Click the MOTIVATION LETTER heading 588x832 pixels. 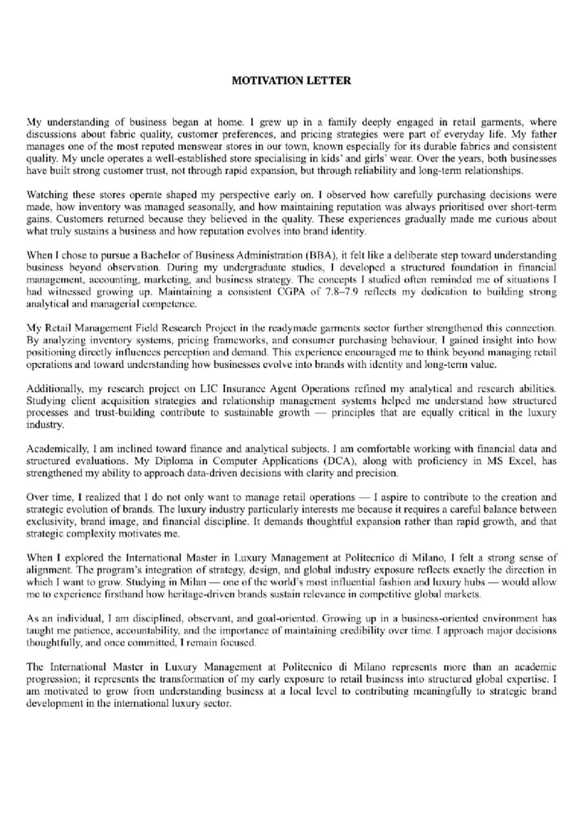click(x=291, y=81)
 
